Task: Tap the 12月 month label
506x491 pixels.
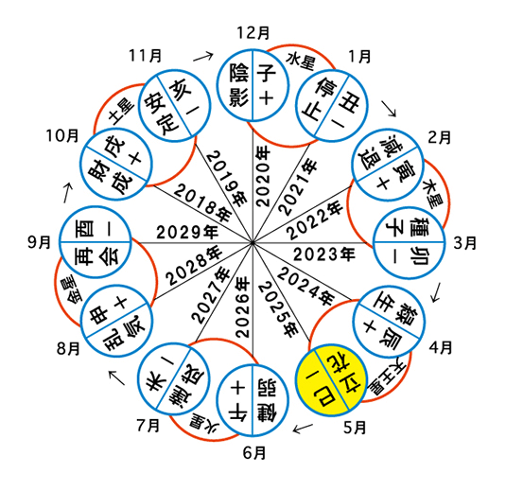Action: coord(253,33)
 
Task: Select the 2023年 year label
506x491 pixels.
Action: coord(324,254)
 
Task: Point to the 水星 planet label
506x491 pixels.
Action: coord(300,61)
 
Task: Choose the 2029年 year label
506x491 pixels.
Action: coord(187,232)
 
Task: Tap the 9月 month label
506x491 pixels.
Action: coord(40,242)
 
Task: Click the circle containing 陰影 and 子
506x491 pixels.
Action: coord(253,85)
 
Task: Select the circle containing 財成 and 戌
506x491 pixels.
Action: coord(116,164)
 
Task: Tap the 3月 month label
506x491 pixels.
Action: coord(465,242)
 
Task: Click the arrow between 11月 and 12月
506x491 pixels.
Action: coord(203,57)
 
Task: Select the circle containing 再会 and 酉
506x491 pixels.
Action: coord(96,242)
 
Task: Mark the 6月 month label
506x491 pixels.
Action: coord(254,453)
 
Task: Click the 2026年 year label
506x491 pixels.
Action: coord(243,307)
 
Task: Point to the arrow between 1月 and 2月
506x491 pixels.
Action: coord(389,108)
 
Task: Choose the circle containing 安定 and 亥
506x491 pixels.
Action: coord(174,106)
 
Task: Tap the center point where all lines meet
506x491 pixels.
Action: coord(253,242)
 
